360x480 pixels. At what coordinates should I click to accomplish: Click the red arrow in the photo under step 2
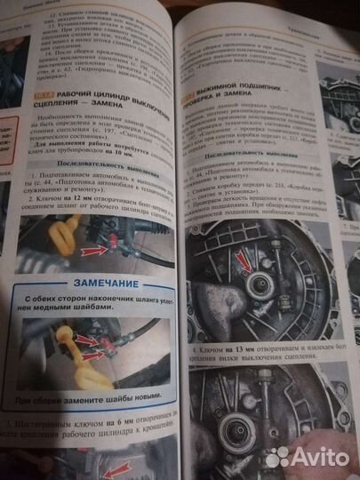coord(92,252)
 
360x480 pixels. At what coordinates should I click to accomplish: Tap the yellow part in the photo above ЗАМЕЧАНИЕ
coord(48,245)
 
